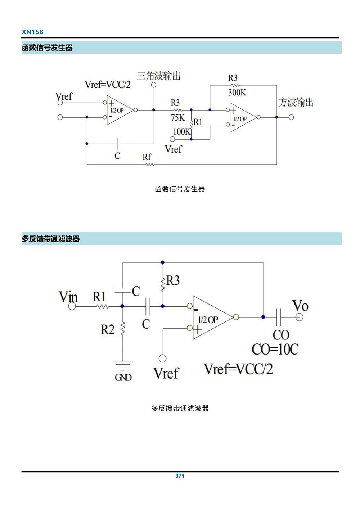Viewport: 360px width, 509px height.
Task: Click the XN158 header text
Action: [x=32, y=32]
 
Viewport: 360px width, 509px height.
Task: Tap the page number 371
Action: [x=180, y=476]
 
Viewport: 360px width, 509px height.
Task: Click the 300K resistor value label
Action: [x=237, y=93]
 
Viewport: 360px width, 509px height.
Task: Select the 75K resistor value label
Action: [x=177, y=118]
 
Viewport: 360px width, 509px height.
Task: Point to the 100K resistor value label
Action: [x=181, y=132]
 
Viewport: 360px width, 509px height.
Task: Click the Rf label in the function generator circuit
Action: [x=147, y=157]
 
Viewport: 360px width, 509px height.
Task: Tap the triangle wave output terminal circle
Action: [x=154, y=85]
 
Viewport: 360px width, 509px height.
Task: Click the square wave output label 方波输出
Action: [x=296, y=102]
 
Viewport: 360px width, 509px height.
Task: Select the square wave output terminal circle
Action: [x=291, y=117]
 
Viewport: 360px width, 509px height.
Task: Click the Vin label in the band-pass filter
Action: [x=68, y=297]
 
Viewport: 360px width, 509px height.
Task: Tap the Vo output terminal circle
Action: [x=299, y=317]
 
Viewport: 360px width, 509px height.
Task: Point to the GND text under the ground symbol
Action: [x=123, y=377]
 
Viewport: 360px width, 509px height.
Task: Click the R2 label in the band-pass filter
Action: [x=107, y=329]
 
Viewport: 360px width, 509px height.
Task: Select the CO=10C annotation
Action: [x=275, y=349]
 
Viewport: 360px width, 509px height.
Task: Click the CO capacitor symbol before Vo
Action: [x=279, y=317]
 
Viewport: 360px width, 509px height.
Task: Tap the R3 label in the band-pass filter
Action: [x=173, y=280]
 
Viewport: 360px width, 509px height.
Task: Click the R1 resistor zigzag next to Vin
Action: [x=103, y=306]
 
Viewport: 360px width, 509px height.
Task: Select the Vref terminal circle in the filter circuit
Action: [x=163, y=358]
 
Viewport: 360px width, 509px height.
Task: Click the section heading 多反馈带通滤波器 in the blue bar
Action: [x=50, y=239]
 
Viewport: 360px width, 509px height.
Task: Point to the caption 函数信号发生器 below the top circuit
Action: [x=180, y=189]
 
